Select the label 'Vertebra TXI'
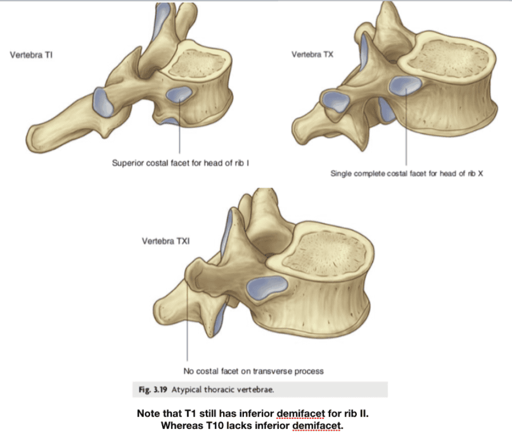(166, 242)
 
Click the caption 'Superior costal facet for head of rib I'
(182, 163)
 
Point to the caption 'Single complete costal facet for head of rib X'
(406, 173)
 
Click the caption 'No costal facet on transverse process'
(254, 371)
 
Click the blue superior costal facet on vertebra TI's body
(179, 93)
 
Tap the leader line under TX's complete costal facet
(406, 131)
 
